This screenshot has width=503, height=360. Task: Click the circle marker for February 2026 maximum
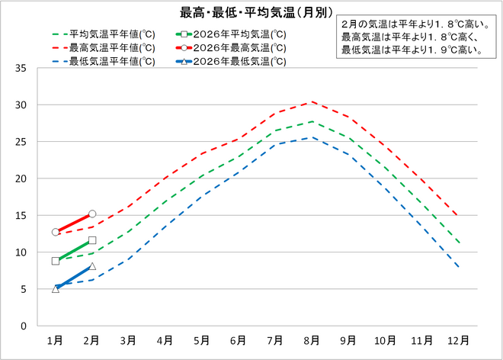(x=92, y=214)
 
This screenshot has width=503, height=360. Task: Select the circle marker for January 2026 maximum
(x=56, y=232)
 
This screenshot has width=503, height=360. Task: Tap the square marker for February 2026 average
(x=92, y=240)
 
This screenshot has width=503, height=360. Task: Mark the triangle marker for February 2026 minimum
(x=92, y=266)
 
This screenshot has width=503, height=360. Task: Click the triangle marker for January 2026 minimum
(x=56, y=288)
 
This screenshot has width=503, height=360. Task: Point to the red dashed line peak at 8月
(x=311, y=101)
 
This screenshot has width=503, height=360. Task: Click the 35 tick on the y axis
(x=21, y=69)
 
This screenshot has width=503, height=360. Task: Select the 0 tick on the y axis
(x=24, y=326)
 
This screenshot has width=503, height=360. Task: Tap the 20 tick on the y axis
(x=21, y=179)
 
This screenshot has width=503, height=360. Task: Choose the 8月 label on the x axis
(x=311, y=339)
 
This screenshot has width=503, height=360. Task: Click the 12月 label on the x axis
(x=457, y=339)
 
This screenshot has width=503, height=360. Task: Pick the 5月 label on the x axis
(x=201, y=339)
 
